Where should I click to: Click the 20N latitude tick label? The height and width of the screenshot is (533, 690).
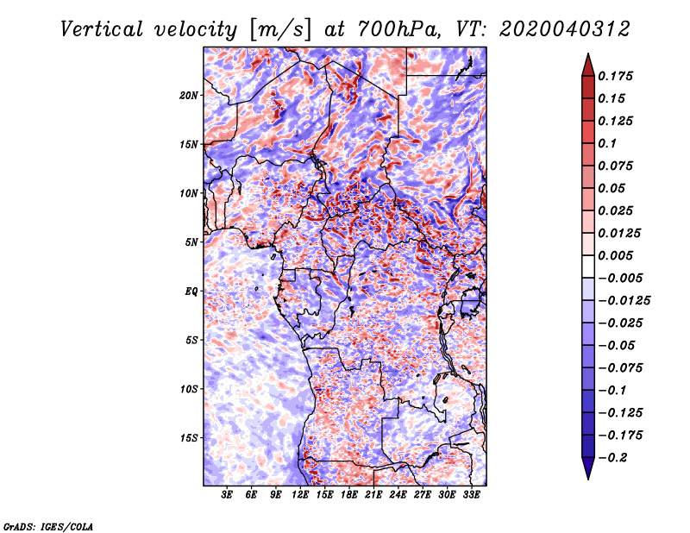189,96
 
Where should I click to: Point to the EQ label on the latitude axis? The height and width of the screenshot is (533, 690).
191,292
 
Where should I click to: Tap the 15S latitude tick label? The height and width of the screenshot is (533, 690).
189,438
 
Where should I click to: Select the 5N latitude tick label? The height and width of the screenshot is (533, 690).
191,242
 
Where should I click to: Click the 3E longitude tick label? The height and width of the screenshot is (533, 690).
227,494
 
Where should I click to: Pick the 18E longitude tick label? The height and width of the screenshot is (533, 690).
349,494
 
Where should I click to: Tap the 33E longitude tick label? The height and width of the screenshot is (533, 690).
471,494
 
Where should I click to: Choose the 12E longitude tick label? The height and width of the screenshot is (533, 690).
300,494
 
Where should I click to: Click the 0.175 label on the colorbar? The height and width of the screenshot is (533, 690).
615,76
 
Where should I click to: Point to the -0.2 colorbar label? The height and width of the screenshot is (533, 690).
612,458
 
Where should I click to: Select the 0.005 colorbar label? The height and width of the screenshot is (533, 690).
615,255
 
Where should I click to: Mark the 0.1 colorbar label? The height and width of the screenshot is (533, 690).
607,143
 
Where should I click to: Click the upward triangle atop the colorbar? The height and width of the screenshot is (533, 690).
588,66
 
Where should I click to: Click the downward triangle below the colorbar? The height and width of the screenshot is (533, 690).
588,468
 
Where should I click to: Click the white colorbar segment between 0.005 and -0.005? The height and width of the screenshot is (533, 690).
588,266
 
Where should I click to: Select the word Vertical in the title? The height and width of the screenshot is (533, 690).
102,29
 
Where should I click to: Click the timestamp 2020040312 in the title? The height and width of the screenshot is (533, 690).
565,29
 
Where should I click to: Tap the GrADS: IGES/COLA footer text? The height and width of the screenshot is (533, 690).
48,526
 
